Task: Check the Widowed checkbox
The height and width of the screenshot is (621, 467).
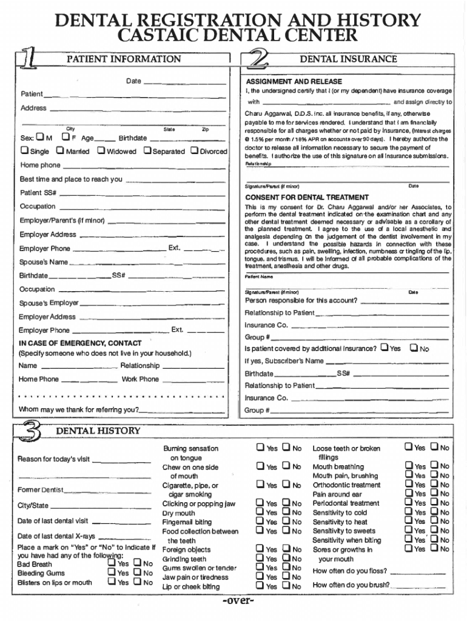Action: tap(101, 151)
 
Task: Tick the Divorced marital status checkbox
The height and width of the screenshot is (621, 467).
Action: tap(195, 151)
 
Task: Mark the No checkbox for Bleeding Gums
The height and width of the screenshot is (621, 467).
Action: tap(138, 572)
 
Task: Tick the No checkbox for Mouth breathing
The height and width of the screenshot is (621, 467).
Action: tap(434, 466)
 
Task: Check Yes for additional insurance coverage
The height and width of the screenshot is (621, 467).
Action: tap(384, 348)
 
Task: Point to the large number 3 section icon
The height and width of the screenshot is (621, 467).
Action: tap(32, 432)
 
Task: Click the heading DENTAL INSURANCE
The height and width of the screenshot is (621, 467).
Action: tap(349, 59)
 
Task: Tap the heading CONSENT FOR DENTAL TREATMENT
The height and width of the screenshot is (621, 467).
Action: tap(306, 198)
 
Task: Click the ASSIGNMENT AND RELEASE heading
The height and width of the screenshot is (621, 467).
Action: tap(294, 81)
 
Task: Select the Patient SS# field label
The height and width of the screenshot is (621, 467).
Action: tap(38, 193)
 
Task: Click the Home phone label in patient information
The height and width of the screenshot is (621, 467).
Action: tap(40, 165)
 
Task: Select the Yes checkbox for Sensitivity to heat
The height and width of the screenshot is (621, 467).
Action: tap(409, 522)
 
